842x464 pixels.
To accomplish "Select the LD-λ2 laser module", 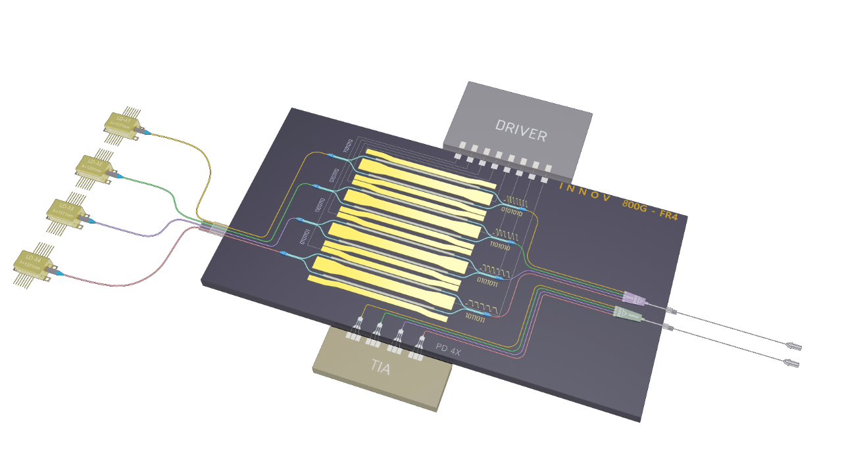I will [x=95, y=167].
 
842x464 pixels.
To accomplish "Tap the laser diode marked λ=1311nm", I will [x=66, y=212].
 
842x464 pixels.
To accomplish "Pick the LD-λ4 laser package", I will [x=32, y=264].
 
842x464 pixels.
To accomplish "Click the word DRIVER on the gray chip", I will [x=521, y=131].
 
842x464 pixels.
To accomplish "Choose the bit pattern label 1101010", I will [x=504, y=244].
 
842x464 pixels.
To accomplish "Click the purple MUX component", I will [x=633, y=298].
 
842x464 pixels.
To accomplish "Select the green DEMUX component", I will [x=627, y=314].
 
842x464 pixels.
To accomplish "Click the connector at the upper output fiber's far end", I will [x=795, y=346].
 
